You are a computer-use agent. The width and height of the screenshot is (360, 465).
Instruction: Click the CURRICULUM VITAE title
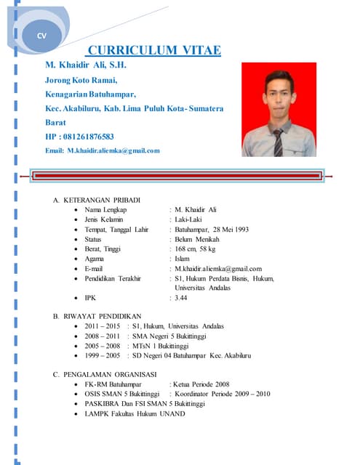point(153,50)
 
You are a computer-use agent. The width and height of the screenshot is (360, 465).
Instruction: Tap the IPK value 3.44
point(181,298)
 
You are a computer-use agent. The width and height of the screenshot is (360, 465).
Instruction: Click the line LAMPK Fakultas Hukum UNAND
point(135,413)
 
